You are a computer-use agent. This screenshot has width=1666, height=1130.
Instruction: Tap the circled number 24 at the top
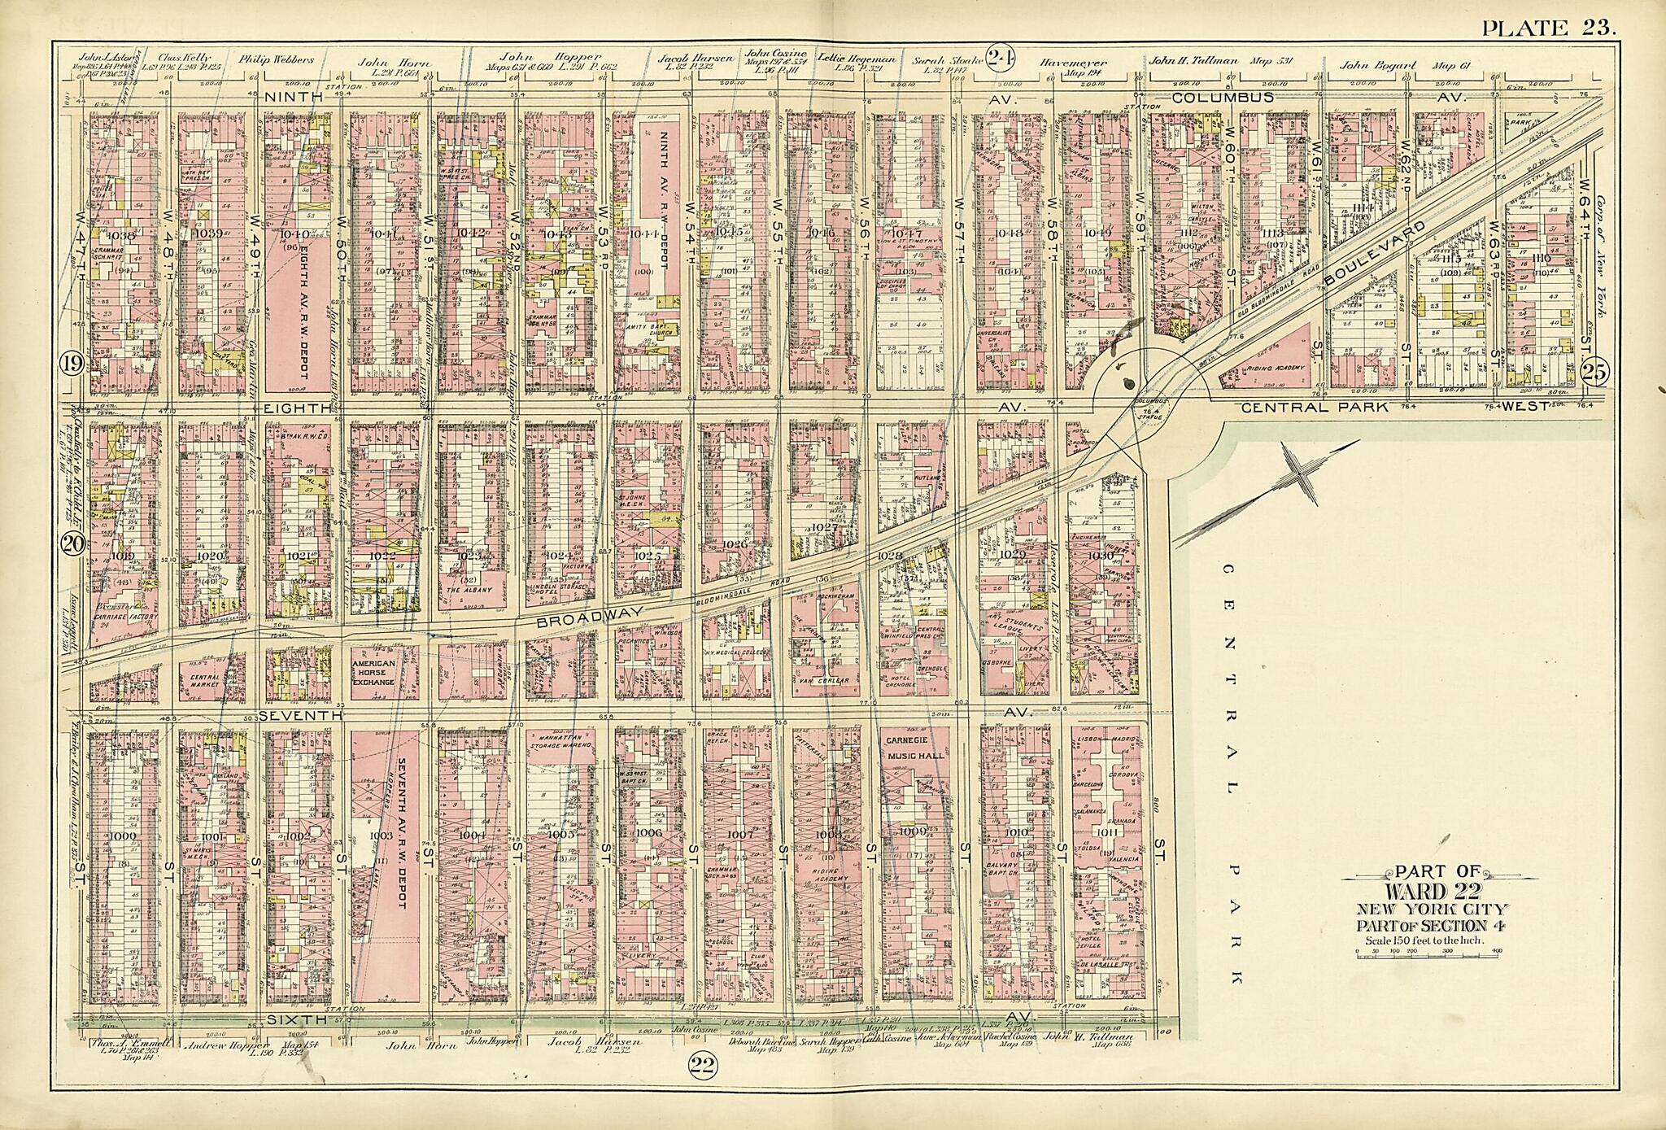pyautogui.click(x=998, y=58)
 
